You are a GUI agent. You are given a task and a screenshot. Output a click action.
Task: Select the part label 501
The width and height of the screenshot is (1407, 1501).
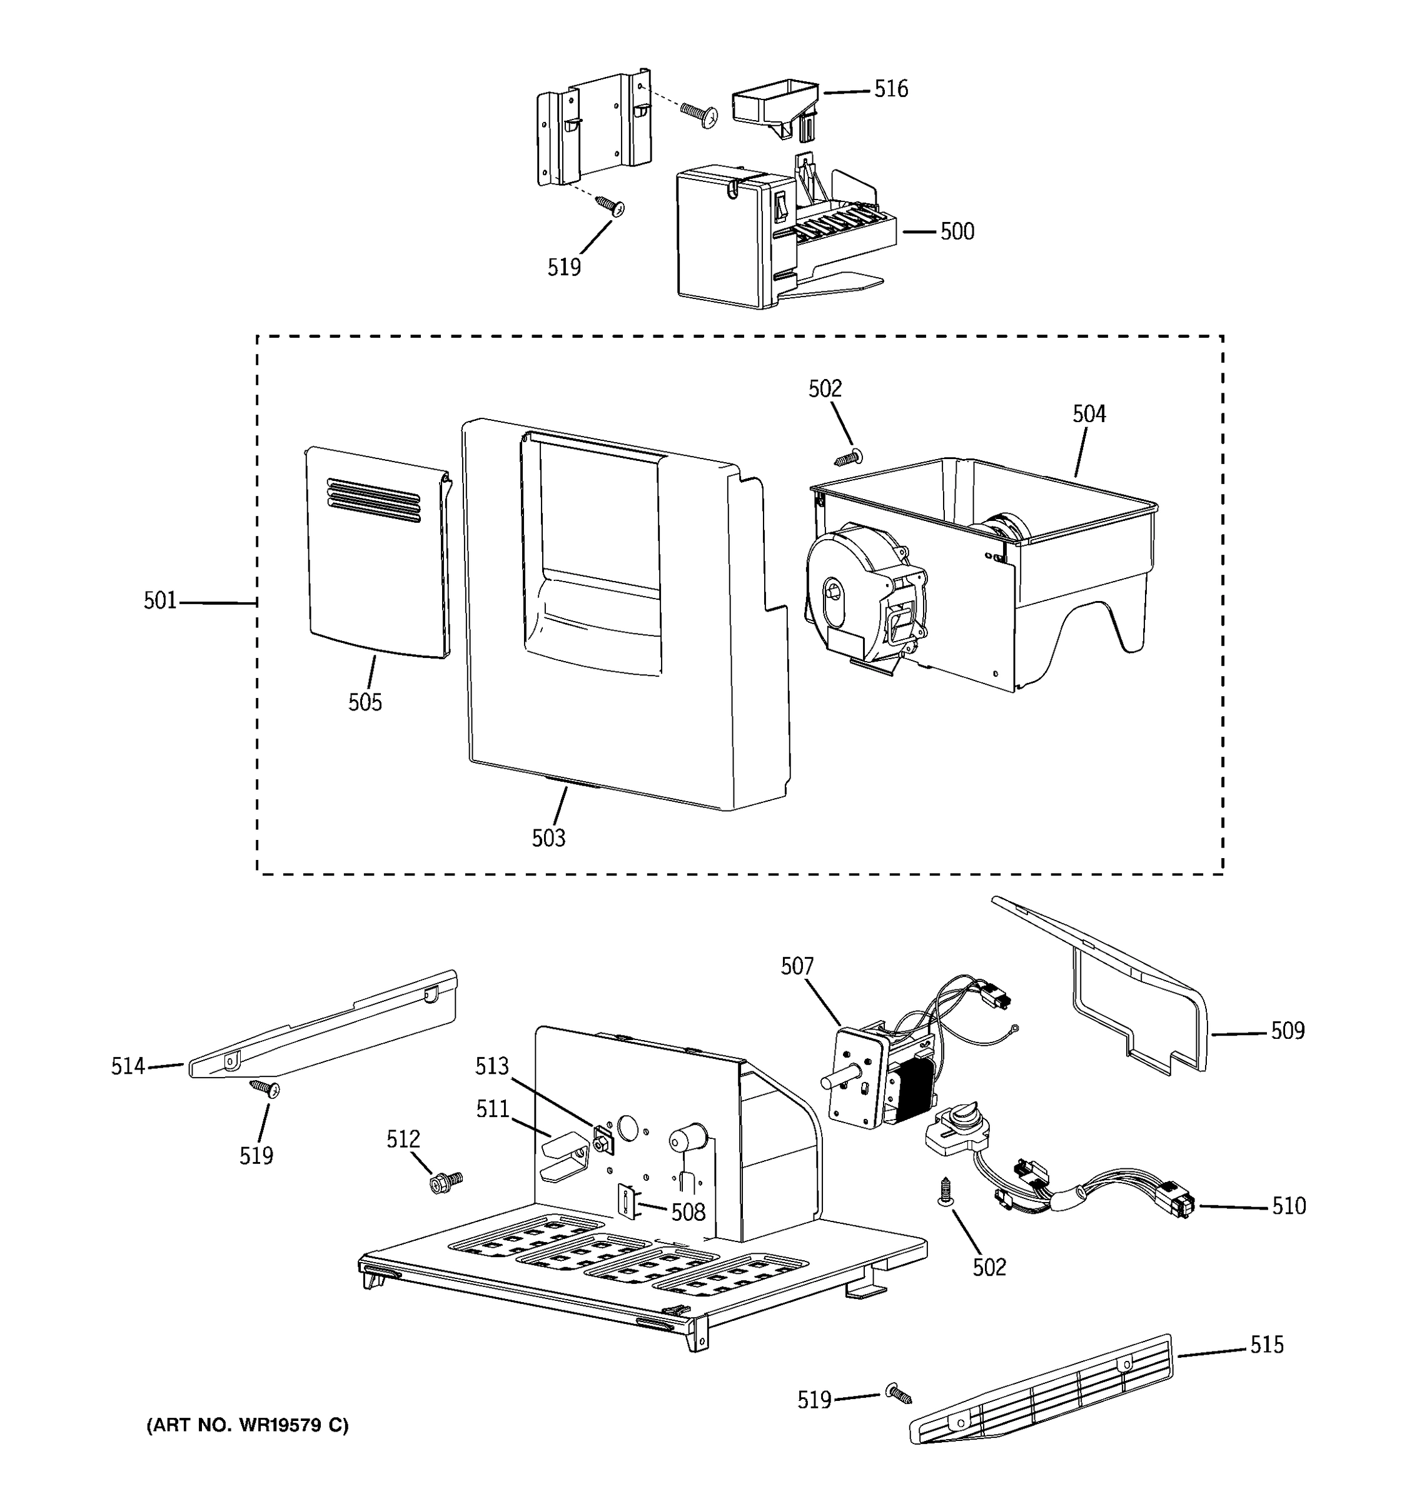(x=160, y=601)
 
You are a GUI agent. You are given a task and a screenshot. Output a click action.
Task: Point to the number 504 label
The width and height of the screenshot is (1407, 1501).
(x=1089, y=414)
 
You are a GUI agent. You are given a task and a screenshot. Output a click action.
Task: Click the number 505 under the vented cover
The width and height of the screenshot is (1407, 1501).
(x=365, y=703)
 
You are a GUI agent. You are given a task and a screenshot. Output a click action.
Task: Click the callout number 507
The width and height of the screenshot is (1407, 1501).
(x=797, y=966)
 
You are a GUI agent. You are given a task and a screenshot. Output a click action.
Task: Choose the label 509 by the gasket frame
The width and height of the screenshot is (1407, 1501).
(x=1287, y=1031)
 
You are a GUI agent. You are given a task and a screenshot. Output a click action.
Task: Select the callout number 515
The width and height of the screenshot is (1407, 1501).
(x=1266, y=1345)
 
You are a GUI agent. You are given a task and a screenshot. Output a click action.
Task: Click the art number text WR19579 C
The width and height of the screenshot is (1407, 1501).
(x=247, y=1425)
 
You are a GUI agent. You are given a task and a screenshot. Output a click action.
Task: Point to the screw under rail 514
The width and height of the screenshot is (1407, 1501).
(x=264, y=1088)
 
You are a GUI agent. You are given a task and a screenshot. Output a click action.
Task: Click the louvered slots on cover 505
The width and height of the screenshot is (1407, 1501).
(x=373, y=499)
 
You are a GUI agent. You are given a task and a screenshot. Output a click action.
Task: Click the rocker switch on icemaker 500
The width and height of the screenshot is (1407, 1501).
(x=780, y=205)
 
